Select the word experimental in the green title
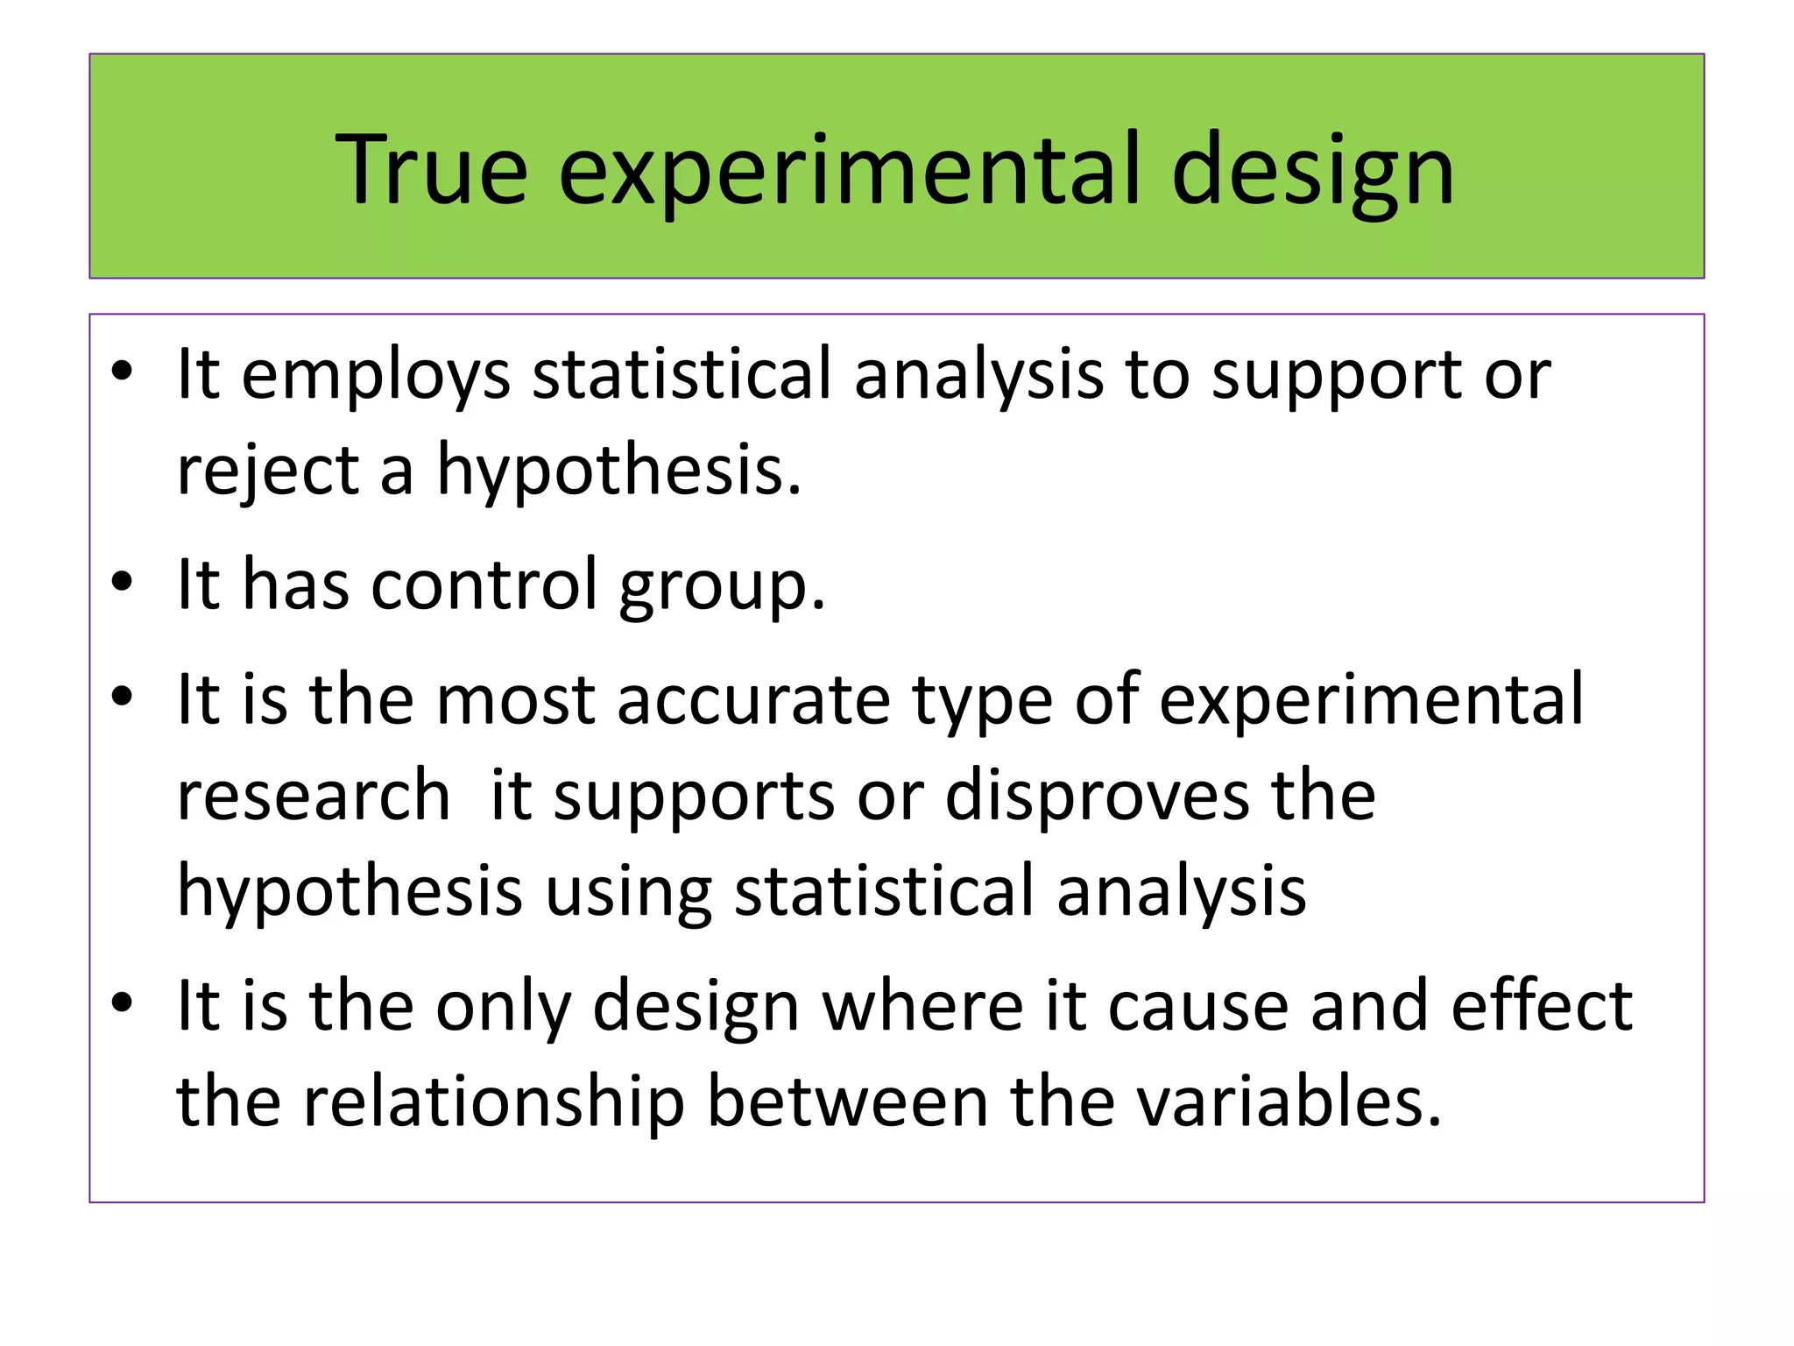point(849,171)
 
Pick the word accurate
point(752,701)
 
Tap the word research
point(314,796)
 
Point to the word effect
point(1542,1006)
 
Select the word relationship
point(493,1102)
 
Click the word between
point(847,1102)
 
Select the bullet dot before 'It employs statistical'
point(122,372)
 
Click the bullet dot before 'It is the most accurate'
point(122,698)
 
